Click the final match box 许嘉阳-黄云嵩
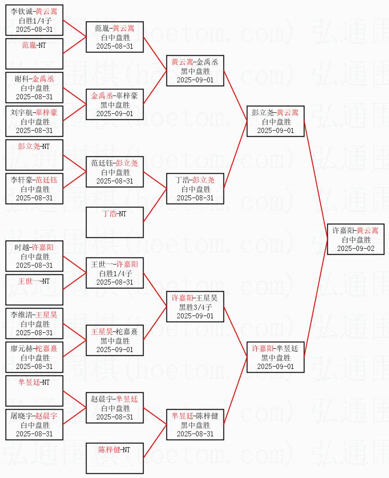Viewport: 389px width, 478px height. coord(356,239)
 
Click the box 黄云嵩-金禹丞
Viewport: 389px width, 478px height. coord(195,71)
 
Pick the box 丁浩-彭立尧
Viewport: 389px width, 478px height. coord(195,189)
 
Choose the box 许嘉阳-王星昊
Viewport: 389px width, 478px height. coord(195,307)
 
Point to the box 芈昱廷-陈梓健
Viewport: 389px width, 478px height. coord(195,425)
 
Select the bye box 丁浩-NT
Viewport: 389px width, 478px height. coord(115,222)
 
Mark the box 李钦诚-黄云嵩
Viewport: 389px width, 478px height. coord(34,20)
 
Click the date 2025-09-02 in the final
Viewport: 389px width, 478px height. coord(356,248)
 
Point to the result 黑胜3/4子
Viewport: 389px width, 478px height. coord(195,307)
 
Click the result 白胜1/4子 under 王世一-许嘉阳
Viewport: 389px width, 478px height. coord(115,273)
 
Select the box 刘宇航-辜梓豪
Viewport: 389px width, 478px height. coord(34,121)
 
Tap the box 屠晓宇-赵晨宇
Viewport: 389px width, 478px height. coord(34,425)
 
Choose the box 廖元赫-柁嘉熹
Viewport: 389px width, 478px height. coord(34,357)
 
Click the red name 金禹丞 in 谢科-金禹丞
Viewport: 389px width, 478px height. coord(43,79)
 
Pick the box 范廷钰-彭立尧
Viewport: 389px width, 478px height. coord(115,172)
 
